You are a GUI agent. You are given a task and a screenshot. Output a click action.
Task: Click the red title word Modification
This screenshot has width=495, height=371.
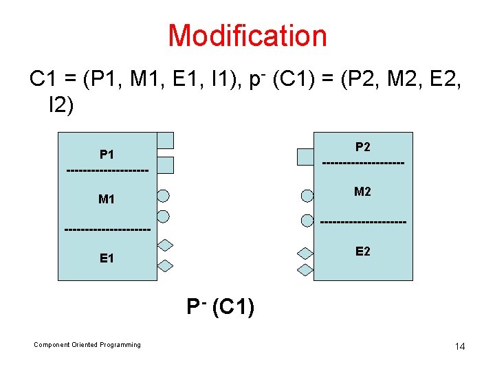coord(247,36)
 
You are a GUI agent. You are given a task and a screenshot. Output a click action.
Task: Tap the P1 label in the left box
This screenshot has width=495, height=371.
coord(107,155)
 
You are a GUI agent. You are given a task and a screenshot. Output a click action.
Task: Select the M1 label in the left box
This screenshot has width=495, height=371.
coord(107,200)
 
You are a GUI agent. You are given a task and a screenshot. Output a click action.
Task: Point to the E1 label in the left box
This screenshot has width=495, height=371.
coord(107,258)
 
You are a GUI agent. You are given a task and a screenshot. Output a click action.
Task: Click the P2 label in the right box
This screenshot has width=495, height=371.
coord(363,146)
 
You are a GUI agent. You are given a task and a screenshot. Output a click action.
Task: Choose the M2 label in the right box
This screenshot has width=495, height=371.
coord(363,192)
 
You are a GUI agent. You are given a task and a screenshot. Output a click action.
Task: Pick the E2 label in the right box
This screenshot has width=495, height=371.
coord(363,251)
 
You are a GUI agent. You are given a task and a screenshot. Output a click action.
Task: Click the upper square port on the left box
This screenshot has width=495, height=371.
coord(165,141)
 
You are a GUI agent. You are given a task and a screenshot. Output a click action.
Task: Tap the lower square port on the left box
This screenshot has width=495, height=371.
coord(165,165)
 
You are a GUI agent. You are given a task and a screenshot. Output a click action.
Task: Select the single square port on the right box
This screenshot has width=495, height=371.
coord(305,157)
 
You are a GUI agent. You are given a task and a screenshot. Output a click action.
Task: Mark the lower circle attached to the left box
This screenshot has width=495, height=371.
coord(164,216)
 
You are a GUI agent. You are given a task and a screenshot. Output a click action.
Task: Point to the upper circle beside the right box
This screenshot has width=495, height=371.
coord(307,195)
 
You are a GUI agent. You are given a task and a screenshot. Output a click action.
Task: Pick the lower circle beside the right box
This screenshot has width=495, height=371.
coord(307,220)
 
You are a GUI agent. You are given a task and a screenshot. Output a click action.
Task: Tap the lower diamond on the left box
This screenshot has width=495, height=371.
coord(165,266)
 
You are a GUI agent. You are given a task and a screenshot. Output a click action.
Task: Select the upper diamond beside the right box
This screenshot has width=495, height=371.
coord(305,253)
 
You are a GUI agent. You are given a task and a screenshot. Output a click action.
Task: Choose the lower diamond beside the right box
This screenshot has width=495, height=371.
coord(305,269)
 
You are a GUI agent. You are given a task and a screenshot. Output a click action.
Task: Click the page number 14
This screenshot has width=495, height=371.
coord(460,346)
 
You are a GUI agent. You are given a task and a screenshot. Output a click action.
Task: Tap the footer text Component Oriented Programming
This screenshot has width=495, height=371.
coord(87,345)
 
